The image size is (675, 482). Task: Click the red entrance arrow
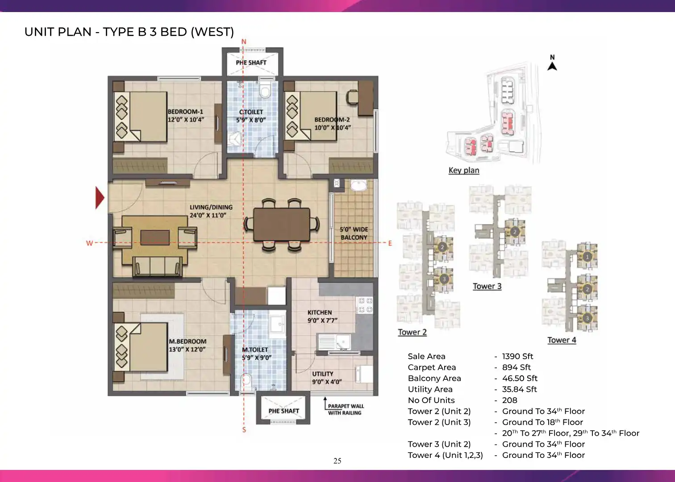pos(100,198)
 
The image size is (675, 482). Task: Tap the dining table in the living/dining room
pos(281,224)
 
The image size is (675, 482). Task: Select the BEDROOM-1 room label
pos(185,112)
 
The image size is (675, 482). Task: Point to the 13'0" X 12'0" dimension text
pos(187,349)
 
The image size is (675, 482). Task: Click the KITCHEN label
pos(320,312)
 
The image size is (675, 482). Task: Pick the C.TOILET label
pos(251,112)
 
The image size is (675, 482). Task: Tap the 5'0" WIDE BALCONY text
pos(354,233)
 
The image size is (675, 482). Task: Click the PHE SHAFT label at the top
pos(251,62)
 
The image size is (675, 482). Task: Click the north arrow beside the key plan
pos(552,66)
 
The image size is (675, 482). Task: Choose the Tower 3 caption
pos(487,286)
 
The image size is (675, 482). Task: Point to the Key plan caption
pos(464,170)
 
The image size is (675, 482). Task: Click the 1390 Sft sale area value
pos(517,357)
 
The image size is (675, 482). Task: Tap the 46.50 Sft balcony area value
pos(520,378)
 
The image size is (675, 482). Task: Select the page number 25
pos(337,461)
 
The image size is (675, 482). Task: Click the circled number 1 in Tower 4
pos(587,257)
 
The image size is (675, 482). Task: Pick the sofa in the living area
pos(157,266)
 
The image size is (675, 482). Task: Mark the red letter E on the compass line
pos(390,243)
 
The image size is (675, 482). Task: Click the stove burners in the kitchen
pos(365,305)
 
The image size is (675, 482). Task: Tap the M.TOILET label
pos(255,350)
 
